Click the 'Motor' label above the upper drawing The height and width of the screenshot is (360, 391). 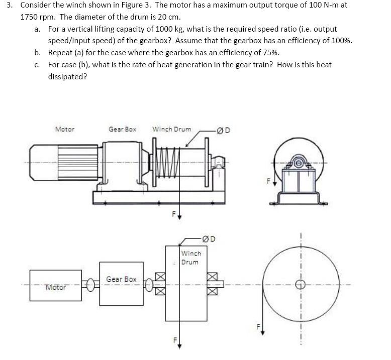(65, 129)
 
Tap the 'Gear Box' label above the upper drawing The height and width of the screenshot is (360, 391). (122, 129)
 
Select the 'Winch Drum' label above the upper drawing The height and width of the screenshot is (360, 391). (171, 129)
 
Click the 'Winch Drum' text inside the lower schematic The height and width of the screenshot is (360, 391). (190, 258)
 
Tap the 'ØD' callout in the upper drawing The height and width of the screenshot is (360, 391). (224, 131)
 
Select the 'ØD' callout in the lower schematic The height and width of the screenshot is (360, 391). (209, 238)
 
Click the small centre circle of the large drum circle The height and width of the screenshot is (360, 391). (301, 285)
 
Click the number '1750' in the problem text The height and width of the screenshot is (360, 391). (30, 17)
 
